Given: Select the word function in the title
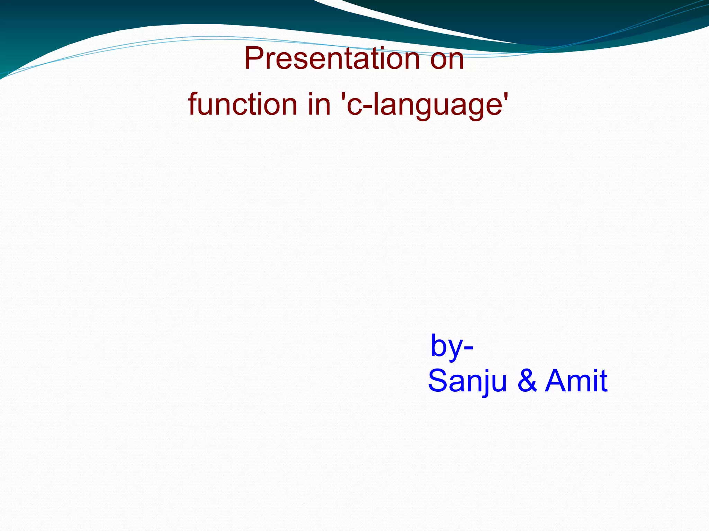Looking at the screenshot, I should click(243, 104).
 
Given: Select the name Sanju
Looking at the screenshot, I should click(467, 381).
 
